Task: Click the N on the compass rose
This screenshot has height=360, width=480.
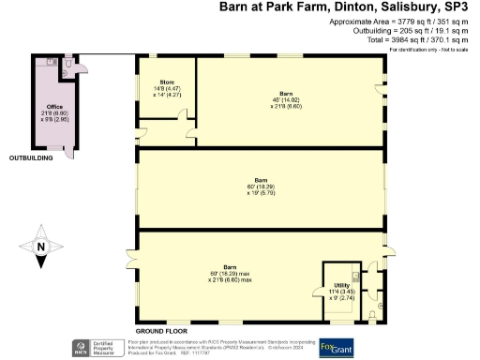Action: [x=39, y=248]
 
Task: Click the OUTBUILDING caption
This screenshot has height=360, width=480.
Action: [x=32, y=157]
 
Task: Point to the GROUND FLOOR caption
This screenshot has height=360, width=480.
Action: [x=161, y=331]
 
